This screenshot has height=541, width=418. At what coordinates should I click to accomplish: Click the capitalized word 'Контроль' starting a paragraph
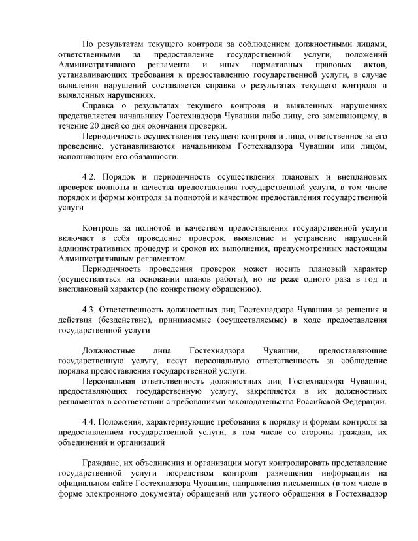coord(103,228)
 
